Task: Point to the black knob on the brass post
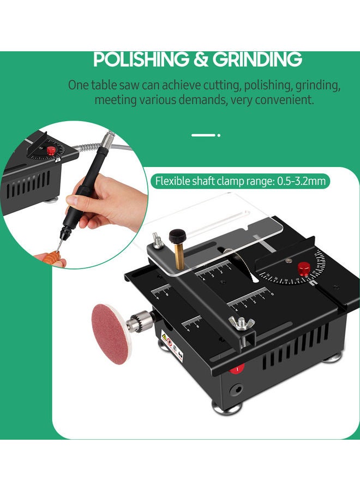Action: tap(176, 236)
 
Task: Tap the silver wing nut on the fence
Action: tap(238, 323)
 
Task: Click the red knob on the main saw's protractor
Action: tap(304, 268)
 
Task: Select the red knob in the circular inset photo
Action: tap(51, 149)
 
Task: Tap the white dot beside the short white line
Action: tap(219, 135)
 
